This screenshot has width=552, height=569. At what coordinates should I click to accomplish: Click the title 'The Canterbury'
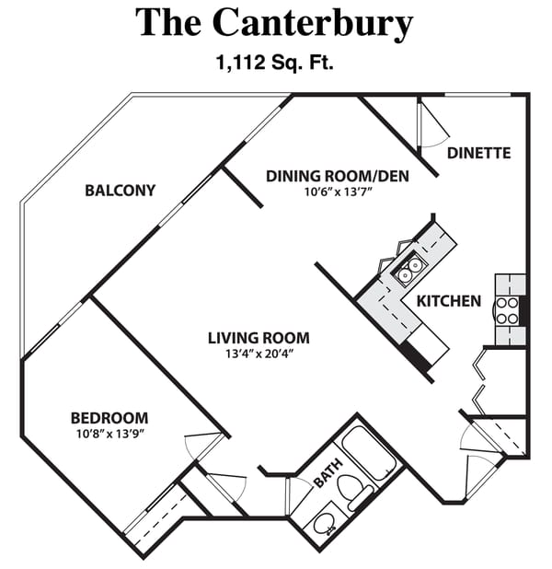(275, 23)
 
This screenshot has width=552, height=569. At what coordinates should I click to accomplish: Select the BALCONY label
(120, 191)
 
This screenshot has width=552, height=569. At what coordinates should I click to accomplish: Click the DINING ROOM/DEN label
(338, 176)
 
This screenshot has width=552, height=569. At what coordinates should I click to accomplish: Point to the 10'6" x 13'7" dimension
(338, 192)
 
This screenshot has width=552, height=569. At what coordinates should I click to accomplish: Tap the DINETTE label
(478, 153)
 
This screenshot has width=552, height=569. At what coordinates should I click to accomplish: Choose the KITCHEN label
(449, 301)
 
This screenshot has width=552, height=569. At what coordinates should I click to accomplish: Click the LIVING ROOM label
(258, 337)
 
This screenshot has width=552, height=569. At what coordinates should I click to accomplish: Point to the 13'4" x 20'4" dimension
(258, 354)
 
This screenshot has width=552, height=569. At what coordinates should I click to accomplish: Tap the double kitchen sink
(410, 268)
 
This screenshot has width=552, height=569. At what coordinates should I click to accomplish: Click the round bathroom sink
(324, 525)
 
